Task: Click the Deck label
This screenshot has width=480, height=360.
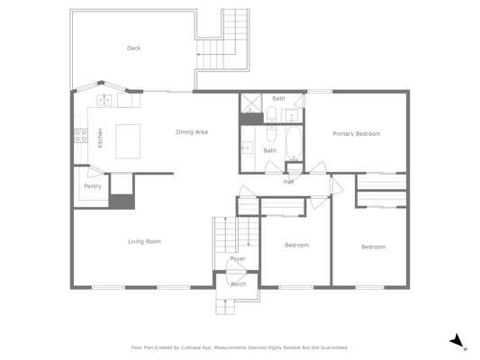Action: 134,48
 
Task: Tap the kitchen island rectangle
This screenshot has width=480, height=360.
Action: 128,141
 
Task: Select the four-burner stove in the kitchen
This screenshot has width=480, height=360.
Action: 81,136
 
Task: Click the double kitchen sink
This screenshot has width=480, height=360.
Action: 104,100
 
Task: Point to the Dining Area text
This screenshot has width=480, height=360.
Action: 192,132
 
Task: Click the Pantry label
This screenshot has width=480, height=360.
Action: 93,186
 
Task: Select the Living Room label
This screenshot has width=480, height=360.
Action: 144,241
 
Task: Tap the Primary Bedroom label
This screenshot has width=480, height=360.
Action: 357,134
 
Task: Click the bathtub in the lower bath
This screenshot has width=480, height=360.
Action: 294,144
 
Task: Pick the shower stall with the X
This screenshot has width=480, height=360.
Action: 250,103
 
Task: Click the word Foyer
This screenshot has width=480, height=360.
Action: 238,259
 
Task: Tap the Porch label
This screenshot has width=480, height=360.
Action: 239,284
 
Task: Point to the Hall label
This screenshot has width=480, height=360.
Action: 289,182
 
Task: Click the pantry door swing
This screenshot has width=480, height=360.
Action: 95,172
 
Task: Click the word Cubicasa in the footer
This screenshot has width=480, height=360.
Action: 191,347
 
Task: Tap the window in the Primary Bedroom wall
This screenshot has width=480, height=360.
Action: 320,92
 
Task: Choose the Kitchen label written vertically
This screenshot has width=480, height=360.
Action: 100,138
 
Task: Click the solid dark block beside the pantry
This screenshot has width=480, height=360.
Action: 122,202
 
